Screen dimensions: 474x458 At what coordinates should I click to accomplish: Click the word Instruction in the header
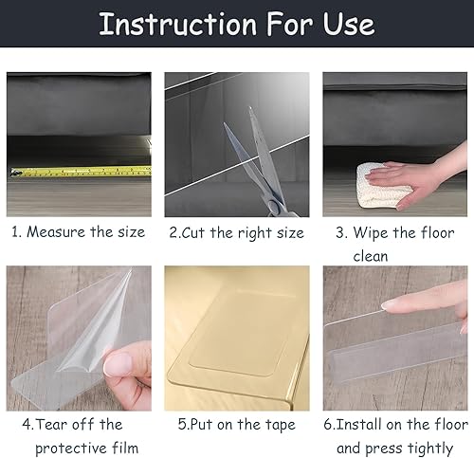click(177, 25)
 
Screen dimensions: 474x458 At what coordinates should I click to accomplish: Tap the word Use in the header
click(349, 25)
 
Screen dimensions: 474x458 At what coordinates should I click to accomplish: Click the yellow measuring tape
click(81, 172)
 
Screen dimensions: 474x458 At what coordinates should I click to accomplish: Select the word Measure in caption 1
click(56, 232)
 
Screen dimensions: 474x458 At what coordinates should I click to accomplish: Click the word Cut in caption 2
click(192, 233)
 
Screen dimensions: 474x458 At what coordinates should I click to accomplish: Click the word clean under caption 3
click(371, 256)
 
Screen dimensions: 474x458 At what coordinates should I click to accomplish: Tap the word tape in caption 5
click(280, 425)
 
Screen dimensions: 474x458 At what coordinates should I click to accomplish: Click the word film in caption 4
click(125, 448)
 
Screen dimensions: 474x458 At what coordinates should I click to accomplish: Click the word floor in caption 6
click(452, 424)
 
